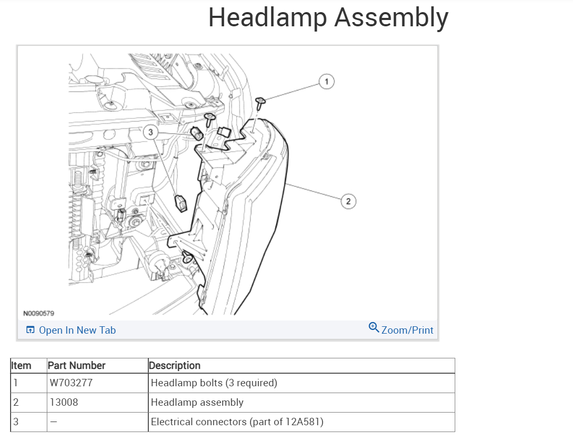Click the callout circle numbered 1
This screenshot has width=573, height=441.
[x=326, y=82]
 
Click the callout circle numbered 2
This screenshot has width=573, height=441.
[x=347, y=201]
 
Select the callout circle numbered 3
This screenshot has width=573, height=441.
[x=151, y=133]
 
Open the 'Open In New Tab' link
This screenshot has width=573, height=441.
[x=77, y=330]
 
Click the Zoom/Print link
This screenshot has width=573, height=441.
[x=407, y=330]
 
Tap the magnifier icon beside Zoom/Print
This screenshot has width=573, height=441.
[x=374, y=327]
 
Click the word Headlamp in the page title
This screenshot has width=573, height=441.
[x=268, y=17]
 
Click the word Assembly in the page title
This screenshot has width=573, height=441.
[x=391, y=17]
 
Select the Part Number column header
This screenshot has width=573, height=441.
[x=76, y=366]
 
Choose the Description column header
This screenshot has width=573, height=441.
[x=175, y=366]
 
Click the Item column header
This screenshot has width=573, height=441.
[x=21, y=366]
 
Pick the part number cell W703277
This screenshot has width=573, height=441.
[x=71, y=383]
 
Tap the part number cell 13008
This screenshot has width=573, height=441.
[x=64, y=403]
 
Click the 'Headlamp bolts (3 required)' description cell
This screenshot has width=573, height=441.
[x=214, y=383]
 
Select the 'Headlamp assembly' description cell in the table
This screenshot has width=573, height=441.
[x=197, y=403]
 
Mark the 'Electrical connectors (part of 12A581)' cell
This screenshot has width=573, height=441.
[x=237, y=422]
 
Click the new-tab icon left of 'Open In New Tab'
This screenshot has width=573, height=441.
[x=30, y=330]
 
